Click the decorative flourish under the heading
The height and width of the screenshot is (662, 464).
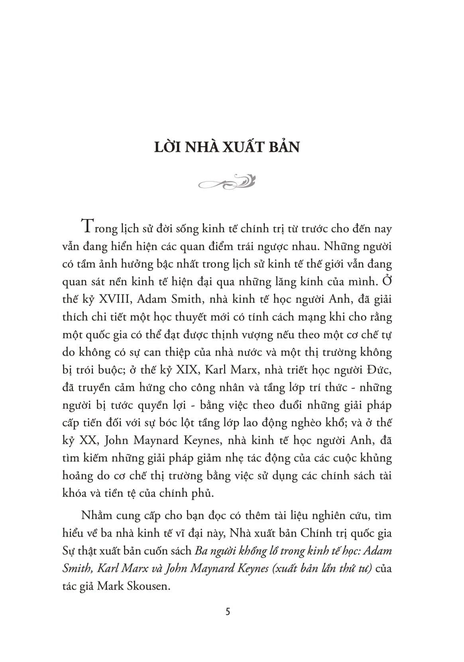click(x=226, y=182)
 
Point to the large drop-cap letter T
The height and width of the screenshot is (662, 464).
click(x=88, y=227)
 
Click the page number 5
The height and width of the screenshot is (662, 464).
click(x=228, y=611)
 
